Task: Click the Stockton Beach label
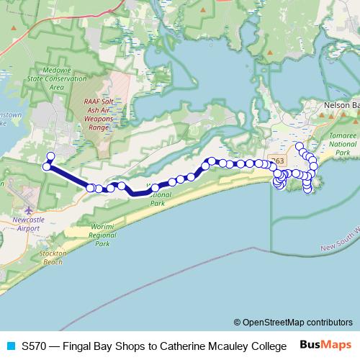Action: [53, 258]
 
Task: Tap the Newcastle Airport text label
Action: [28, 223]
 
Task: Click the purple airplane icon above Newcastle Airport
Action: [28, 211]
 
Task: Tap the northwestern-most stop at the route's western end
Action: [50, 156]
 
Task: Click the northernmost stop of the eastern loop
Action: [300, 146]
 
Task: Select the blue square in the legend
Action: [10, 346]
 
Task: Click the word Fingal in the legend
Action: [78, 346]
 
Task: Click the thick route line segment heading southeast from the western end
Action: [69, 177]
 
